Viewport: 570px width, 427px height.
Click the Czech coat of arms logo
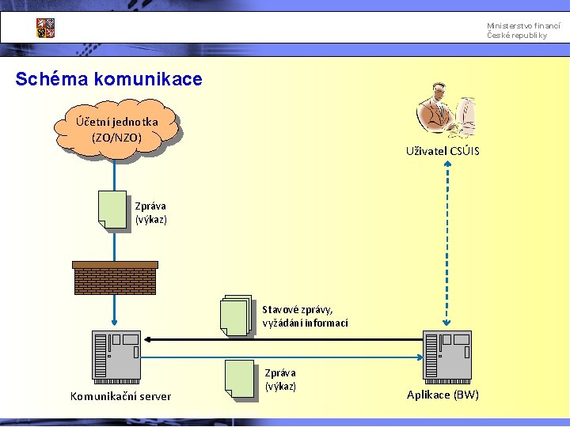pyautogui.click(x=45, y=28)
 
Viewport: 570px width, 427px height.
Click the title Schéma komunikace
pyautogui.click(x=108, y=79)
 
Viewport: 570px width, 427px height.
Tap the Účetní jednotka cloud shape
pyautogui.click(x=116, y=129)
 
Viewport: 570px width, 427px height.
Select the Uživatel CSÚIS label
pyautogui.click(x=443, y=151)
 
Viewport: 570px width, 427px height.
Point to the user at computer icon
pyautogui.click(x=446, y=110)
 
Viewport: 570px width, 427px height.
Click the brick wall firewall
pyautogui.click(x=115, y=277)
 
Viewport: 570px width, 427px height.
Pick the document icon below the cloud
pyautogui.click(x=112, y=210)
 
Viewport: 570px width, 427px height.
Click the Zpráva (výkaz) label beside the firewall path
pyautogui.click(x=151, y=213)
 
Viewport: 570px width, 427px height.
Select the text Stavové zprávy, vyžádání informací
pyautogui.click(x=305, y=316)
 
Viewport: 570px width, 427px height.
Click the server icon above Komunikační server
pyautogui.click(x=116, y=355)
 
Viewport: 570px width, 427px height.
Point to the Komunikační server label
pyautogui.click(x=120, y=396)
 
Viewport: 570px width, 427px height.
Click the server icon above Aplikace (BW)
pyautogui.click(x=447, y=355)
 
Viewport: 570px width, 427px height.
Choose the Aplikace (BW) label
pyautogui.click(x=443, y=395)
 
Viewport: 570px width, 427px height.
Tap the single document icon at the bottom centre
pyautogui.click(x=239, y=378)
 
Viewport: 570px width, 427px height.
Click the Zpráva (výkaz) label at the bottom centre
pyautogui.click(x=280, y=380)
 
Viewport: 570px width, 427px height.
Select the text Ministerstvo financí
pyautogui.click(x=517, y=27)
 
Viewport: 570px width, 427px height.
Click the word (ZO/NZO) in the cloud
pyautogui.click(x=116, y=138)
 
